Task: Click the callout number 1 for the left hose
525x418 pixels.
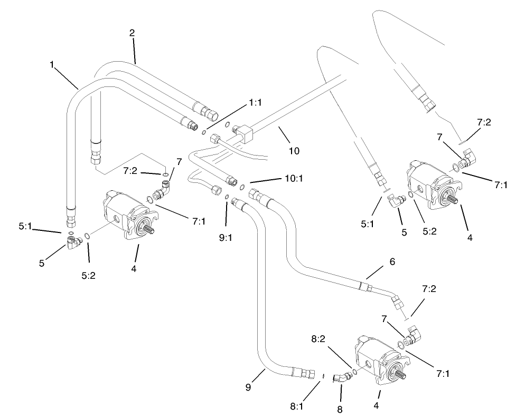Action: tap(52, 64)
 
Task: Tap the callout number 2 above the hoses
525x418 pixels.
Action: tap(132, 33)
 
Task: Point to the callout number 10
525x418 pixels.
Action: tap(294, 151)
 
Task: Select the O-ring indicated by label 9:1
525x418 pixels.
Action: tap(226, 197)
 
